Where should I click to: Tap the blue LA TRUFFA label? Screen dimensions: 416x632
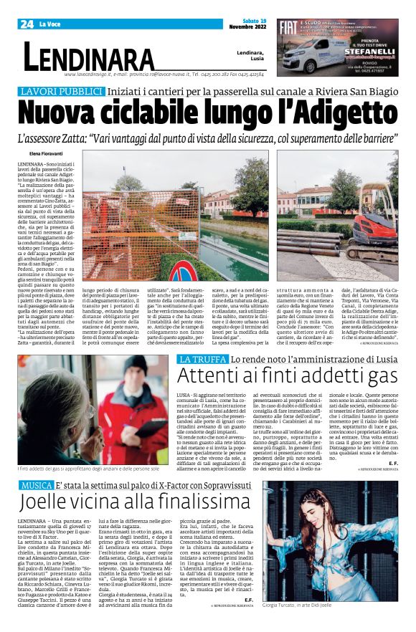pos(182,358)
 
